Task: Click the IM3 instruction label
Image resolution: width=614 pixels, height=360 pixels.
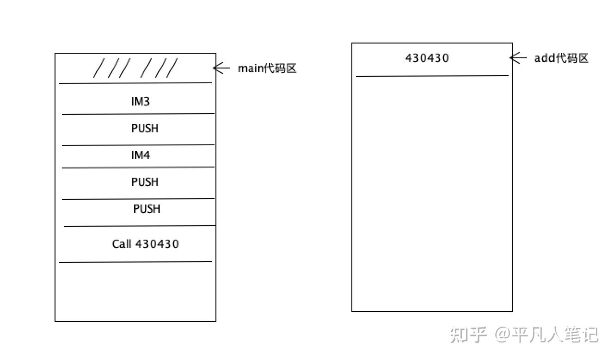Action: pos(141,101)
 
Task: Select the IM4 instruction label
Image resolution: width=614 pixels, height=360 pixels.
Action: pos(141,155)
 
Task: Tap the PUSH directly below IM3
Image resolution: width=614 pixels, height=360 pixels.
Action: pos(145,128)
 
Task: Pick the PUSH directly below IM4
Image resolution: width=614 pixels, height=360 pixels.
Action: pos(145,182)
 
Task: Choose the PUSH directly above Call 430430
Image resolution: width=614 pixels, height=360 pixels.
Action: pos(147,209)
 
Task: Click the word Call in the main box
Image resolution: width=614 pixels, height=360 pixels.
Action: pos(122,244)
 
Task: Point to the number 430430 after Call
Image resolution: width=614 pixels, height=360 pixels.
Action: pos(157,244)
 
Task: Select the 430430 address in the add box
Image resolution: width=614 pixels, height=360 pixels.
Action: pos(427,58)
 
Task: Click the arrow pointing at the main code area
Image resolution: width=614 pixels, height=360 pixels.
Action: pos(221,68)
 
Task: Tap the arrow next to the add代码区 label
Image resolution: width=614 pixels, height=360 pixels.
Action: pos(518,58)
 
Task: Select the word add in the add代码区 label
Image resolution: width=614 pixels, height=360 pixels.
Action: pos(544,58)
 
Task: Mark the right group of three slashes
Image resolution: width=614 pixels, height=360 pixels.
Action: pos(159,68)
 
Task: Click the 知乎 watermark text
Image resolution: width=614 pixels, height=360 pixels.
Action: pos(468,334)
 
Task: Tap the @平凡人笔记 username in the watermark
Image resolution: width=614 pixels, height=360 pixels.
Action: pos(547,334)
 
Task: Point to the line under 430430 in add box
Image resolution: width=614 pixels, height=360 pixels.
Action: pos(432,75)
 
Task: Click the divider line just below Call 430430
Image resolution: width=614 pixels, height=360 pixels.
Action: pos(135,262)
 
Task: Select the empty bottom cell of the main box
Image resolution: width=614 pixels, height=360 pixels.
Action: pos(135,292)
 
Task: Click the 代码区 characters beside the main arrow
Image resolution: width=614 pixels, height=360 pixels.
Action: pos(279,68)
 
